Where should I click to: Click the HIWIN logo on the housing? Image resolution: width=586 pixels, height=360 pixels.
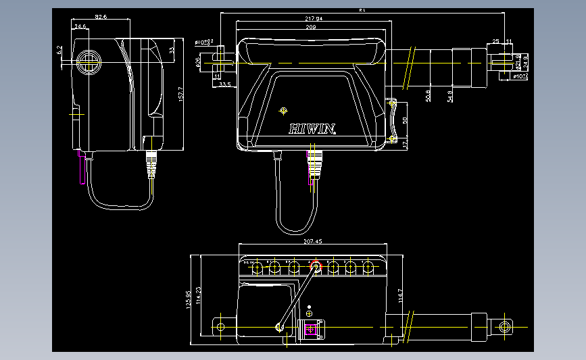pos(312,128)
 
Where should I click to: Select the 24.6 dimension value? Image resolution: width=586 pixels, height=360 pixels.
pos(80,26)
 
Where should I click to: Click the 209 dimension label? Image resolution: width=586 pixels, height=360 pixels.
pos(310,27)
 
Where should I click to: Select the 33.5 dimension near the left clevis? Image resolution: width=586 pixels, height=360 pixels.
pos(225,84)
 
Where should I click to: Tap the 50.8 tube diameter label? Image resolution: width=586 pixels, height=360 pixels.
pos(429,96)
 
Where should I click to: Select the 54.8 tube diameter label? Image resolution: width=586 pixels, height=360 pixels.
pos(450,96)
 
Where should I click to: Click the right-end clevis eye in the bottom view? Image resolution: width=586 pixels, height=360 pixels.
pos(505,327)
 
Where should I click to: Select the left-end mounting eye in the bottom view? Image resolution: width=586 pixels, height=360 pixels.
pos(220,327)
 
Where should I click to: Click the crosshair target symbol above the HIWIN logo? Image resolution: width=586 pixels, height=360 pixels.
pos(283,110)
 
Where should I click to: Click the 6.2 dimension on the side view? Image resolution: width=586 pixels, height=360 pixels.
pos(60,50)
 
